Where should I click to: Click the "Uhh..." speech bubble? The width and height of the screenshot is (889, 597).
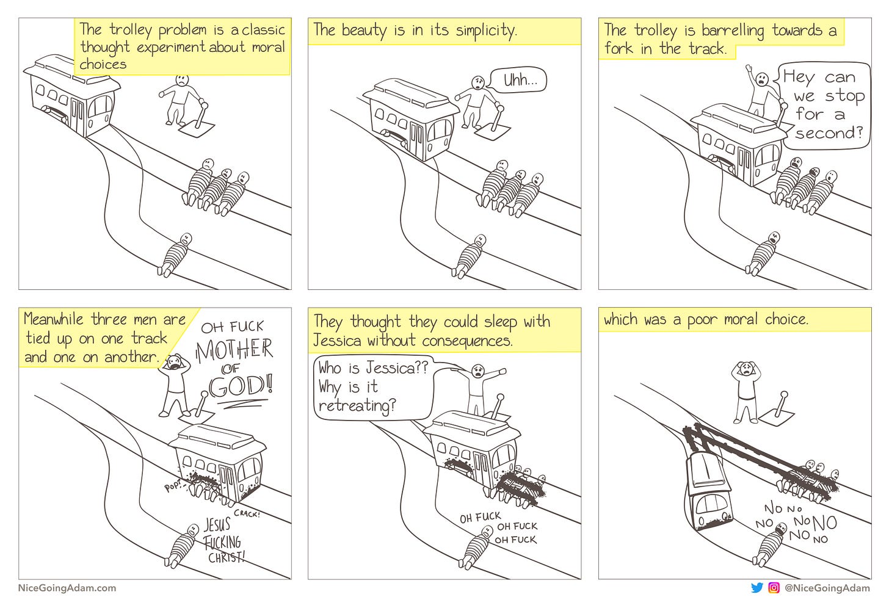click(521, 80)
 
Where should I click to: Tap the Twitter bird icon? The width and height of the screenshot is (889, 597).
click(757, 588)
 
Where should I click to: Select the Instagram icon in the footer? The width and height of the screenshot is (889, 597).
click(774, 588)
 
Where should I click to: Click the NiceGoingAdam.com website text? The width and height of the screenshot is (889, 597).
click(67, 588)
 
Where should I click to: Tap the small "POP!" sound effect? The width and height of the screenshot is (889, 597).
click(174, 487)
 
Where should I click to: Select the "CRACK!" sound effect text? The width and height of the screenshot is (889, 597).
click(247, 513)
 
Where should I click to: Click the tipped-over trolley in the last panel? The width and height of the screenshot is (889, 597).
click(708, 488)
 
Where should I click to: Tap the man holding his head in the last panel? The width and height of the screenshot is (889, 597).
click(746, 391)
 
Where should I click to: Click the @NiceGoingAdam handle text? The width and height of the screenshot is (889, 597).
click(827, 588)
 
